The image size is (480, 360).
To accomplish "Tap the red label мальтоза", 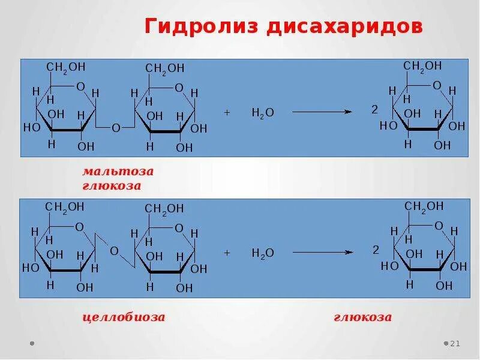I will [x=118, y=172].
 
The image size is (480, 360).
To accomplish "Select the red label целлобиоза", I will [x=123, y=317].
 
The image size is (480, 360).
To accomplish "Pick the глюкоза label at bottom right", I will [x=362, y=317].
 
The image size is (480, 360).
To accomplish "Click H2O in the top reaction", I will [x=263, y=112].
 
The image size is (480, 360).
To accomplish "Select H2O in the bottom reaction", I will [x=263, y=253].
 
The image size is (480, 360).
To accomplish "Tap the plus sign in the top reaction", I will [x=227, y=112].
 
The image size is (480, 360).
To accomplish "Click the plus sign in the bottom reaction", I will [x=227, y=253].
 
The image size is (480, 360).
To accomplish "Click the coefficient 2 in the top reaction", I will [x=374, y=110].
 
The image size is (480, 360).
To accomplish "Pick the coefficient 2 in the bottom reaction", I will [x=376, y=250].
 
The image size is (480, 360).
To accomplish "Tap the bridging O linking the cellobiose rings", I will [x=113, y=251].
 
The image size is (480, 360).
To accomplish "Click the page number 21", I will [x=454, y=343].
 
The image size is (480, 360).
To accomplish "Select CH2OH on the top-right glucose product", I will [x=422, y=66].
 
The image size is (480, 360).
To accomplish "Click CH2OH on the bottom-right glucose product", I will [x=424, y=206].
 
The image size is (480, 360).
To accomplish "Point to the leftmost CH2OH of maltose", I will [x=65, y=68].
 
